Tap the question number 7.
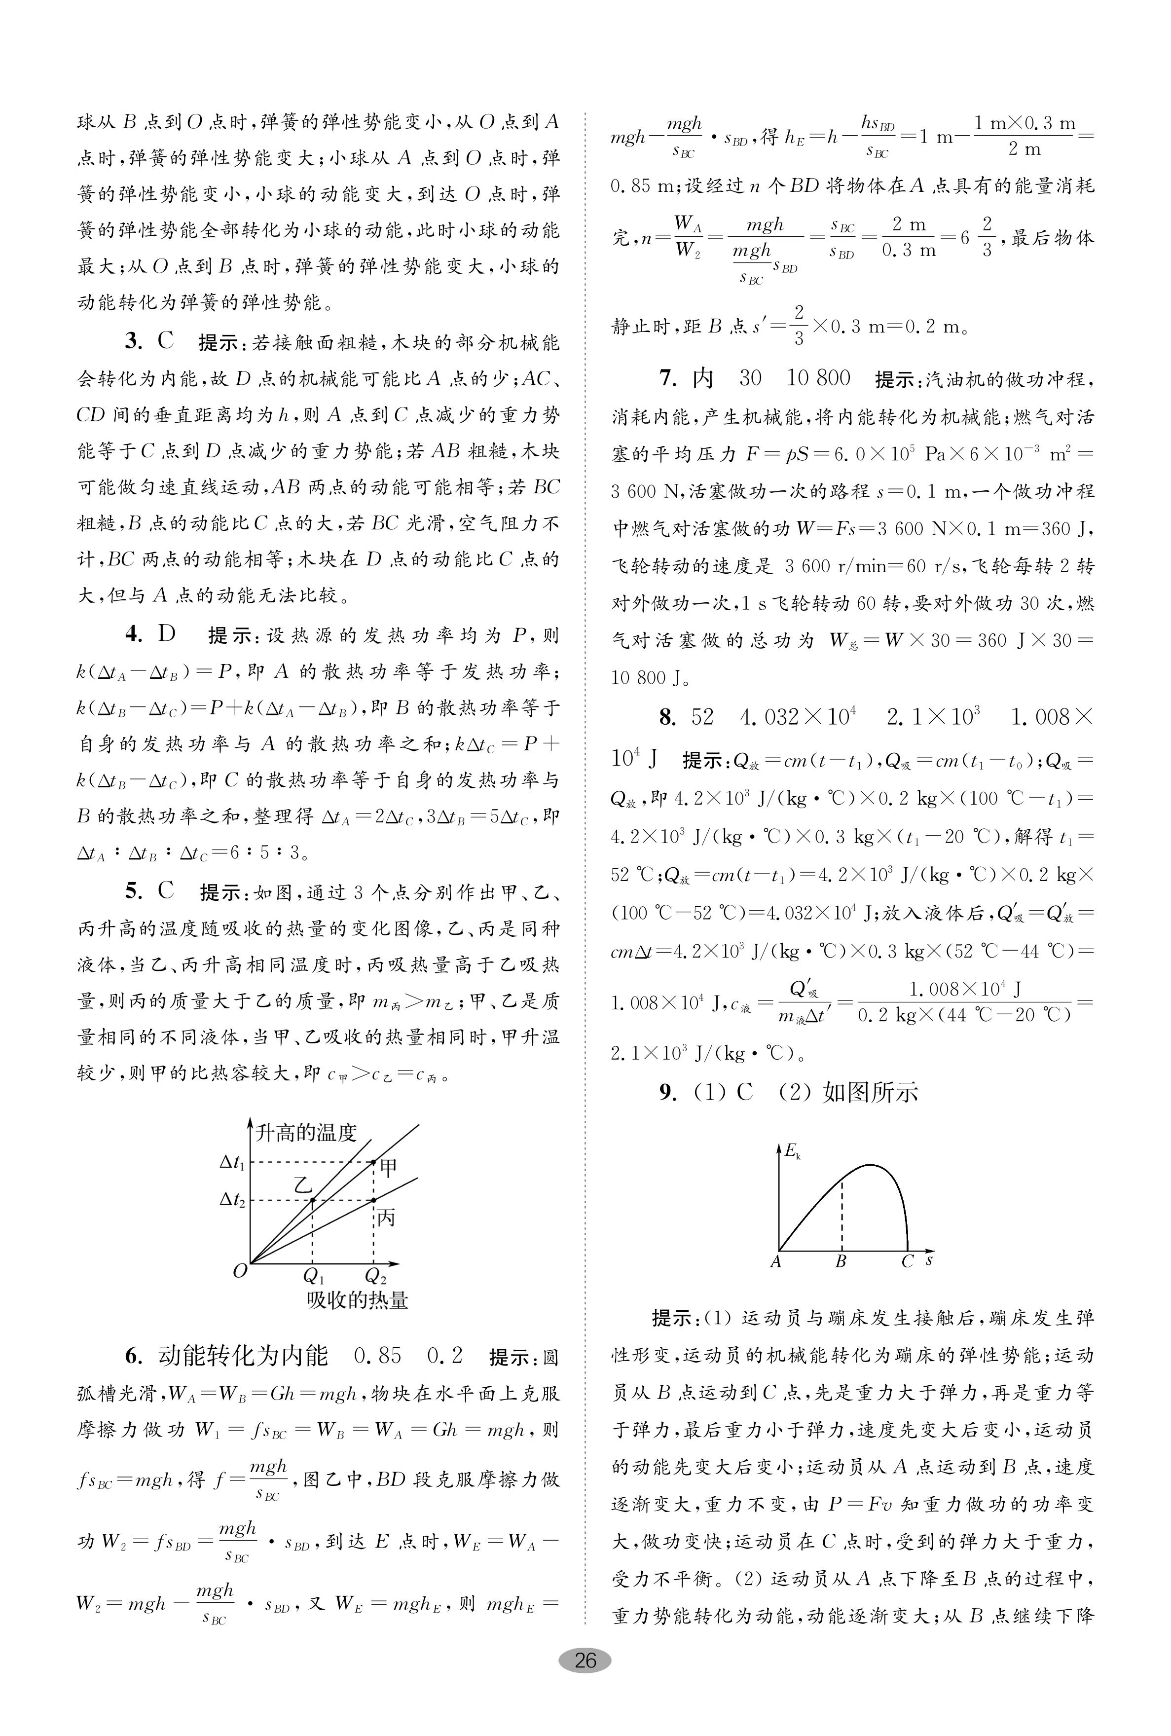[667, 378]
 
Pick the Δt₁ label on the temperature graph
[232, 1163]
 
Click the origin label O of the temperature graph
[240, 1271]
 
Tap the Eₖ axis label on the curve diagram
[792, 1150]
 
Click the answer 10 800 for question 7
[818, 378]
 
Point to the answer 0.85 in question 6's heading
[377, 1355]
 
